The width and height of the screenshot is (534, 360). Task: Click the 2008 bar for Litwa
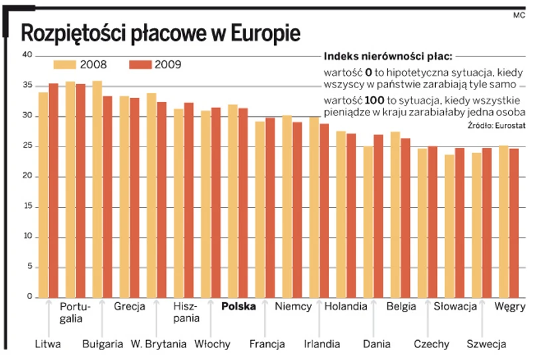pos(43,195)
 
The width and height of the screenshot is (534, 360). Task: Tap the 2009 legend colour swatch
pos(140,64)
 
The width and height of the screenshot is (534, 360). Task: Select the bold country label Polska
pos(238,307)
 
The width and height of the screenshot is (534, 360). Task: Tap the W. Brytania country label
pos(158,344)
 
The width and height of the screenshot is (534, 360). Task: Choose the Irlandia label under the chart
pos(322,344)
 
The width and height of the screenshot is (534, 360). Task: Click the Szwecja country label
pos(486,344)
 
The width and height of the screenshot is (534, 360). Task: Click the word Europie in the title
pos(265,34)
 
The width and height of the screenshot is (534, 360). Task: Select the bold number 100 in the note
pos(375,99)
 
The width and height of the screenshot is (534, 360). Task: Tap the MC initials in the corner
pos(519,14)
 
